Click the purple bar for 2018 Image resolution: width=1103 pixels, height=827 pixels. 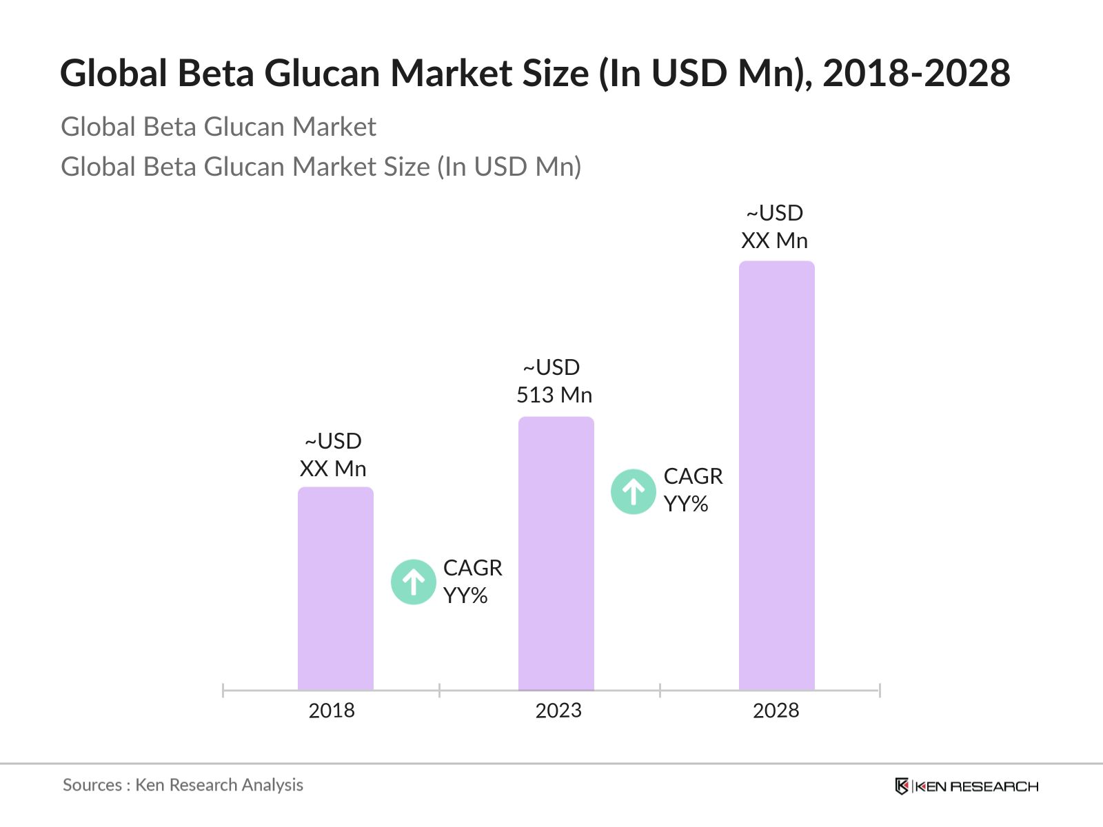pos(336,589)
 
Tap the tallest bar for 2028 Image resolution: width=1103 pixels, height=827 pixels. pos(777,476)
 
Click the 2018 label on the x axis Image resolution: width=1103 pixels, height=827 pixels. pos(332,711)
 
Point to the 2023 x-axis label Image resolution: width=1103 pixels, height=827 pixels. pos(558,711)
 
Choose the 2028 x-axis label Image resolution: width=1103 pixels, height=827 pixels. pos(776,711)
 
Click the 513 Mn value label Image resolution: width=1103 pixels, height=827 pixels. pos(554,395)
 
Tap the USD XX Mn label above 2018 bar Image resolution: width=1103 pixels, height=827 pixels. pos(333,455)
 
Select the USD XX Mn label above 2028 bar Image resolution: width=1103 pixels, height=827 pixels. pos(775,227)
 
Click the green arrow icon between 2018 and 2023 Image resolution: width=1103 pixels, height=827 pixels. pos(414,582)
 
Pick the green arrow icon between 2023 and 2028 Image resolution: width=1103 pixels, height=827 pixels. pos(634,492)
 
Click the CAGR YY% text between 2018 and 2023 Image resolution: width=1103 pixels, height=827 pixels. pos(472,582)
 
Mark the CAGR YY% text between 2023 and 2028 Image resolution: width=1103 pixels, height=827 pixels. pos(693,490)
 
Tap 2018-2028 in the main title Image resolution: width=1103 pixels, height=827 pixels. pos(916,73)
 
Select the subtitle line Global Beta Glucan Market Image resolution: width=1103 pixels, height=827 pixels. pos(219,127)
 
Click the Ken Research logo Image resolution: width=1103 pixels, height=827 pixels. pos(967,786)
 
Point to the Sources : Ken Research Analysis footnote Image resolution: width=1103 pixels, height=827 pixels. pos(183,785)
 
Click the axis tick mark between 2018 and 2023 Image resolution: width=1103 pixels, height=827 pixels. pos(439,690)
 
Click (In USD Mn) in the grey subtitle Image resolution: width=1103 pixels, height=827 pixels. pos(509,167)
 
